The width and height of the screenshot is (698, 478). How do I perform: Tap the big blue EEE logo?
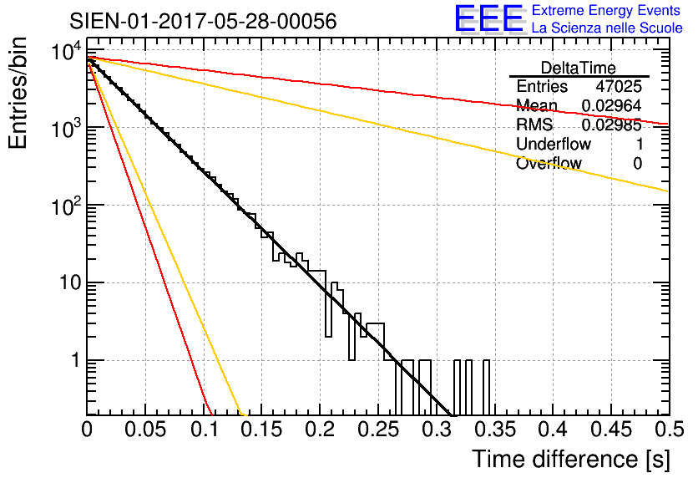[488, 18]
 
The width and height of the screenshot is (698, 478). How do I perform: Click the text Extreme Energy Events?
[607, 11]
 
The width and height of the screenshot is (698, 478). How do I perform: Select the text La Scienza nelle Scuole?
[607, 28]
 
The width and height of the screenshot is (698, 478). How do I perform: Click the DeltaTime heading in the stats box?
[579, 68]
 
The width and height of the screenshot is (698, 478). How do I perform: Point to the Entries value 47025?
[619, 87]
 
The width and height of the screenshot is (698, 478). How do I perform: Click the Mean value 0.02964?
[611, 106]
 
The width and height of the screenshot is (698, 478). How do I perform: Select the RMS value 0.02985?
[611, 125]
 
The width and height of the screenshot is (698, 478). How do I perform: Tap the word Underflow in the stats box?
[551, 145]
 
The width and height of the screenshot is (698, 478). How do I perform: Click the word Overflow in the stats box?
[549, 164]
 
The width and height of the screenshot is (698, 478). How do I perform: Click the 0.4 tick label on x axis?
[552, 430]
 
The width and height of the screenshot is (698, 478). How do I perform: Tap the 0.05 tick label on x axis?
[145, 430]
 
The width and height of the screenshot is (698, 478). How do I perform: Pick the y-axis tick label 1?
[74, 361]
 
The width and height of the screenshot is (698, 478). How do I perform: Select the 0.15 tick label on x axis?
[261, 430]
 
